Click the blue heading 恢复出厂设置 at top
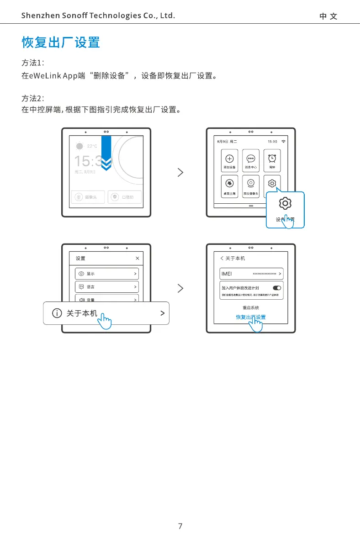(61, 43)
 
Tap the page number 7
(180, 526)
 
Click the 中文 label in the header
(328, 16)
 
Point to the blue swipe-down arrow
(106, 154)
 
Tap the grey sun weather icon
(79, 146)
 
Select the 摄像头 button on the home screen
(88, 197)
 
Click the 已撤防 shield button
(124, 197)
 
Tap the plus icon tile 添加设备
(229, 160)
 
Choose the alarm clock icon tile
(272, 160)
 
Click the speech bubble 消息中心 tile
(251, 160)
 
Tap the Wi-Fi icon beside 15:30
(284, 141)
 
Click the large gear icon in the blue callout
(285, 204)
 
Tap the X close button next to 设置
(138, 258)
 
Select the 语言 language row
(106, 287)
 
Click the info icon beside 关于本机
(57, 313)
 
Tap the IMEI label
(227, 274)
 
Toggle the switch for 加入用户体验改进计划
(277, 288)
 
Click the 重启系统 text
(250, 308)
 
